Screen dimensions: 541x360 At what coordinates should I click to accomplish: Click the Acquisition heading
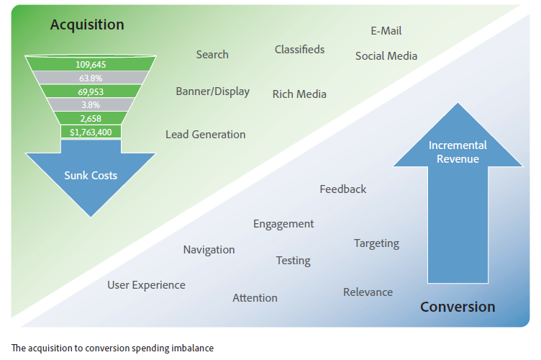tap(87, 25)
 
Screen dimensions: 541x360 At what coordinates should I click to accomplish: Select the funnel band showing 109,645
tap(91, 64)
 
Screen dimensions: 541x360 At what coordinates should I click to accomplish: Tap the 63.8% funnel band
tap(91, 78)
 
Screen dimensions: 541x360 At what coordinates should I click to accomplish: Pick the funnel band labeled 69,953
tap(91, 91)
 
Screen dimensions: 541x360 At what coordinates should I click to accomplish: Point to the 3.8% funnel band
tap(91, 104)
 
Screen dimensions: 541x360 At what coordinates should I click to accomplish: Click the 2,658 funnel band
tap(91, 118)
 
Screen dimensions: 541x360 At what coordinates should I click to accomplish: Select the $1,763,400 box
tap(91, 132)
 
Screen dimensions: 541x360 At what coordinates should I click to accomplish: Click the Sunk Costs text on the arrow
tap(91, 176)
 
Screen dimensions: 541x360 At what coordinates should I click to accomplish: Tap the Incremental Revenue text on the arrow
tap(458, 152)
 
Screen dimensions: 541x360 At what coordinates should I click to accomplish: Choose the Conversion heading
tap(458, 307)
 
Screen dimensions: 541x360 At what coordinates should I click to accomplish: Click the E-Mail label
tap(386, 31)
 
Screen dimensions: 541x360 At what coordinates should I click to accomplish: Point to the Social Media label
tap(386, 56)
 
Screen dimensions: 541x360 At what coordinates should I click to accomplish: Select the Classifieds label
tap(299, 50)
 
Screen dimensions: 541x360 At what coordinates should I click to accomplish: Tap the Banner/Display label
tap(212, 91)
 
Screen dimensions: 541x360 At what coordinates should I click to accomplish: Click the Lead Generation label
tap(206, 134)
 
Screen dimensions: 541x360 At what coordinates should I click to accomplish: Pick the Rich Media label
tap(299, 94)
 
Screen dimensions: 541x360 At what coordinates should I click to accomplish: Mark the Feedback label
tap(343, 189)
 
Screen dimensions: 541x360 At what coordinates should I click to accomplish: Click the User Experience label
tap(146, 285)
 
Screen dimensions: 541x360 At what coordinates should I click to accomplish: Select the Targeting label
tap(376, 243)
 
